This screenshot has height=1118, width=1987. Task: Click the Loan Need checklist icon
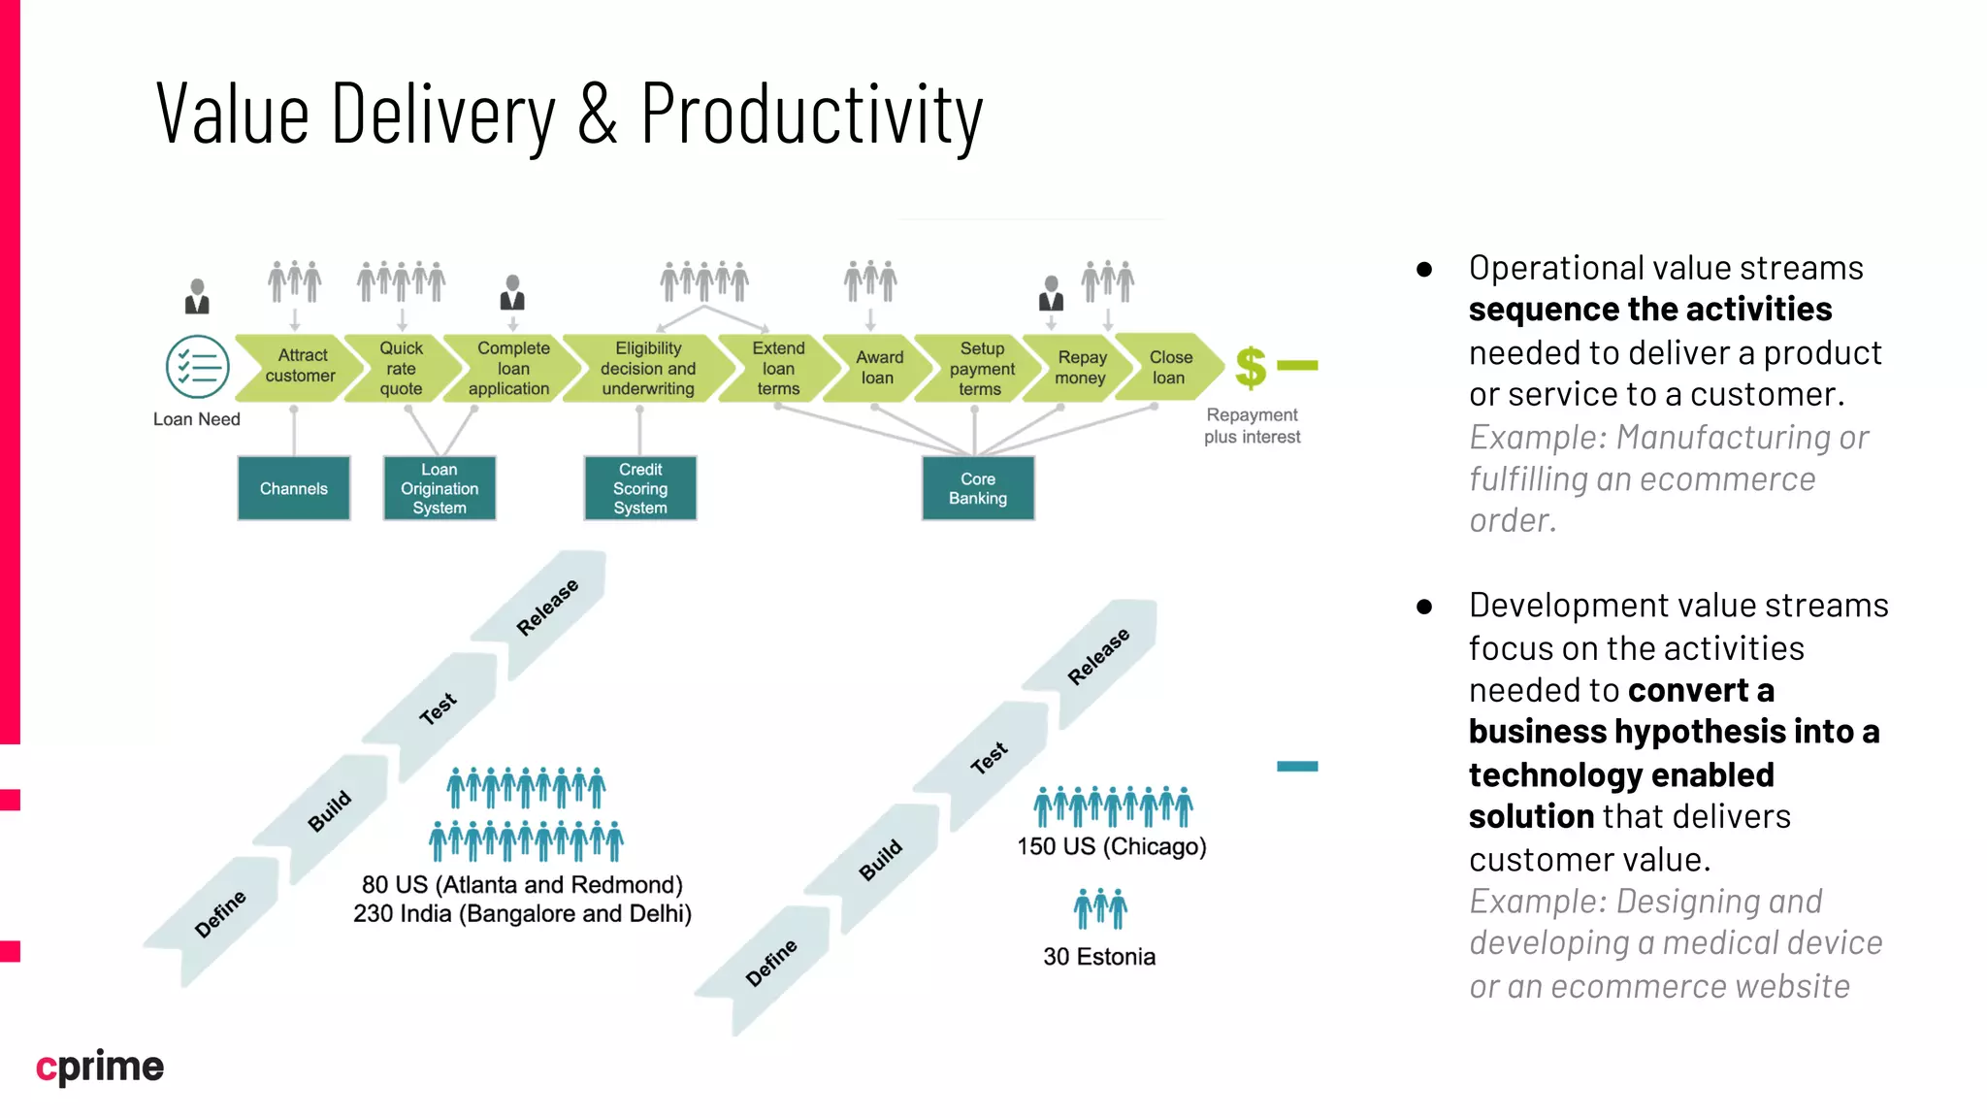[198, 367]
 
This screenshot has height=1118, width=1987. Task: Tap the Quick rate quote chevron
[401, 368]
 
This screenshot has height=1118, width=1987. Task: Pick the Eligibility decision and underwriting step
[647, 368]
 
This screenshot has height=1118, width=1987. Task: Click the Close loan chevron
[1168, 367]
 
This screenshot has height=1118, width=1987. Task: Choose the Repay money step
[1080, 368]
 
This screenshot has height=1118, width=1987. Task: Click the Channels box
[294, 488]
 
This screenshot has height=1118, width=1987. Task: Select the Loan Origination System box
[440, 488]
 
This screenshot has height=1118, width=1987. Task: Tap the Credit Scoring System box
[640, 488]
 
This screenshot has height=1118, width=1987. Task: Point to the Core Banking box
[978, 488]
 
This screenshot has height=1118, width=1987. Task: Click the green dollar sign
[1251, 368]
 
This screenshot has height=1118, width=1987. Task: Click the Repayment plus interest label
[1252, 426]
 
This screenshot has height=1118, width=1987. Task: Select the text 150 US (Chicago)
[1112, 846]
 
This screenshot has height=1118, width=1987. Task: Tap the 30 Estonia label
[1099, 957]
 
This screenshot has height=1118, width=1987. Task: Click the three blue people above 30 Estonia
[1100, 908]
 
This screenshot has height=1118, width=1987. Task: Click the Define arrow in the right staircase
[770, 964]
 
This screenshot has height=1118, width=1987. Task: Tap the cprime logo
[100, 1067]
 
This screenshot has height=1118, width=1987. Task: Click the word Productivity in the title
[812, 115]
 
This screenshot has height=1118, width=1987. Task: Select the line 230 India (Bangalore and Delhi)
[522, 914]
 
